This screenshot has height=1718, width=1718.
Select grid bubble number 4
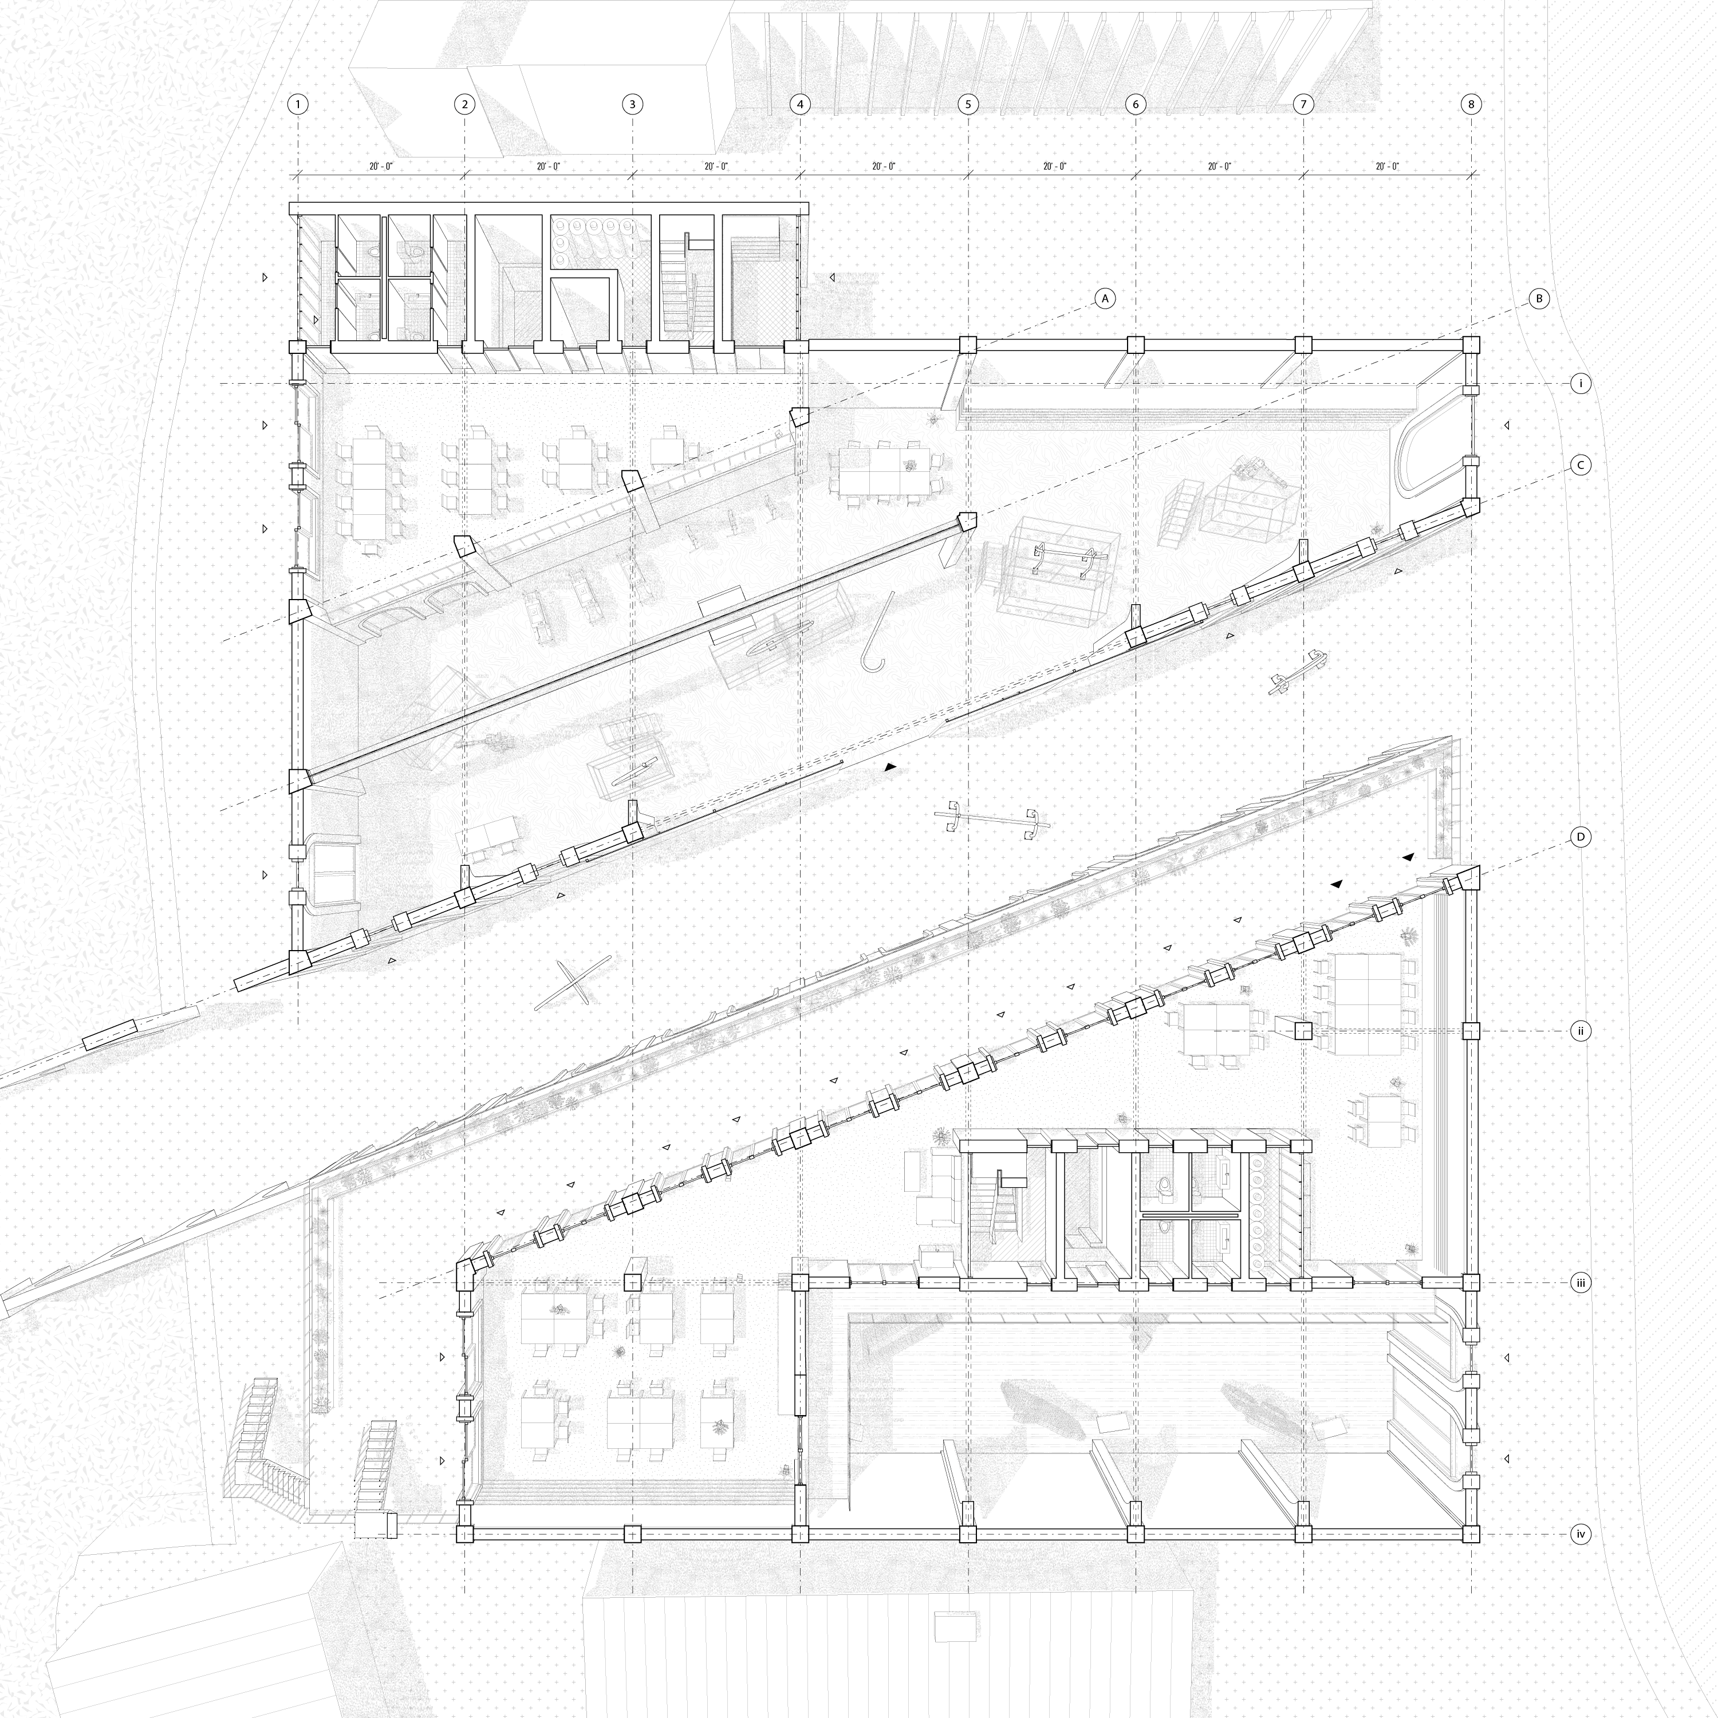[x=801, y=104]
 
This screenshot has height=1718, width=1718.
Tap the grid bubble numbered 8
[x=1472, y=104]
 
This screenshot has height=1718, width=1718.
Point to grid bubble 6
[x=1136, y=104]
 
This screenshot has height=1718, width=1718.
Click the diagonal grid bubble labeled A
[x=1105, y=299]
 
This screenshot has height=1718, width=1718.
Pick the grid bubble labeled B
[x=1539, y=299]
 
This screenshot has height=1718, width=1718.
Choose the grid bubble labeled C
[x=1580, y=465]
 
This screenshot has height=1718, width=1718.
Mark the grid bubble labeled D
[x=1580, y=837]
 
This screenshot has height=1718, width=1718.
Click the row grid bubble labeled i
[x=1580, y=384]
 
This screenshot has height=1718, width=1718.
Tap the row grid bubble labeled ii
[x=1580, y=1031]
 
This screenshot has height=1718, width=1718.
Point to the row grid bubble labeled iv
[x=1580, y=1534]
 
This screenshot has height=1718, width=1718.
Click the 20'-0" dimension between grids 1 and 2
[x=381, y=166]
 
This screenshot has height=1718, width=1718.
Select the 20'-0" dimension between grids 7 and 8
[x=1387, y=166]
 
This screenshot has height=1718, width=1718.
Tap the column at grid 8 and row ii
[x=1472, y=1031]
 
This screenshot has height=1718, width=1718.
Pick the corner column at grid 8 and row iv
[x=1472, y=1534]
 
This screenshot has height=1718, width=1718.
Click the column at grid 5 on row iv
[x=968, y=1534]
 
